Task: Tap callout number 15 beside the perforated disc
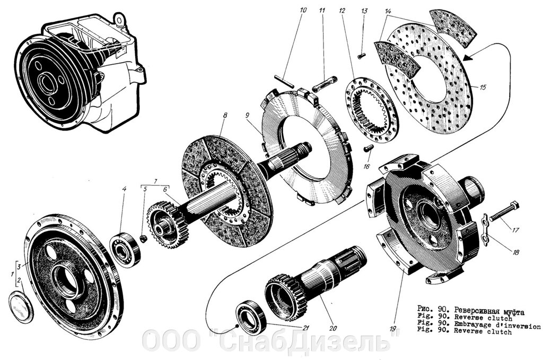point(482,87)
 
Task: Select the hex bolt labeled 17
point(504,212)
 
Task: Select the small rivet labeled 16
point(368,149)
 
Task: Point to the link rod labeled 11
point(323,83)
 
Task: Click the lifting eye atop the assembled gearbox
point(124,22)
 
